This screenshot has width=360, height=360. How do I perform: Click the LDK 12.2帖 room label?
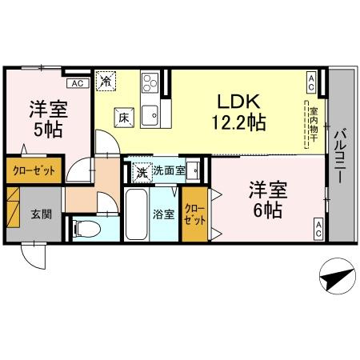tap(237, 112)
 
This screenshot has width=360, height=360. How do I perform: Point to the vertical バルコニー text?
tap(339, 157)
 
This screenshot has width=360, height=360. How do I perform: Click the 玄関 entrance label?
tap(42, 214)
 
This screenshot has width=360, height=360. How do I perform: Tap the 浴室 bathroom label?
tap(162, 214)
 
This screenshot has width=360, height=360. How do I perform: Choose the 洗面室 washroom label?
tap(170, 170)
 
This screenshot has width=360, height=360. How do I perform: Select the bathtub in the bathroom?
tap(138, 214)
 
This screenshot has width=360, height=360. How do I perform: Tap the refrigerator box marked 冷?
tap(106, 80)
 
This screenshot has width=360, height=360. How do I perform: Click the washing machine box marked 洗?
tap(141, 170)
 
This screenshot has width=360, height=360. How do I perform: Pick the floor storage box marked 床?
tap(124, 116)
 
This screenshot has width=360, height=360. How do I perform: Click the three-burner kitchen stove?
tap(150, 82)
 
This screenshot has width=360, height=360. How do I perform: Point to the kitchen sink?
tap(150, 117)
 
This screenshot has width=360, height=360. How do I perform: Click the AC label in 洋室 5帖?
tap(77, 82)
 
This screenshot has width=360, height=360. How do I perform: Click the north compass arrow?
tap(337, 279)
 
